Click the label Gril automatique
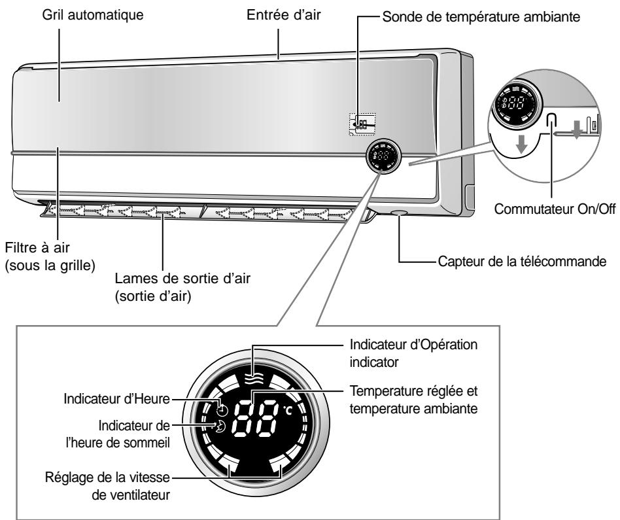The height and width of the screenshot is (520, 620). tap(92, 16)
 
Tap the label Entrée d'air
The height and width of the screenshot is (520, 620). tap(283, 15)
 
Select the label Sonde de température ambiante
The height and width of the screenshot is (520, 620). tap(481, 17)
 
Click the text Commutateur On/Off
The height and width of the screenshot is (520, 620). tap(555, 209)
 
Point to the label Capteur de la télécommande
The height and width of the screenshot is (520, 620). tap(522, 262)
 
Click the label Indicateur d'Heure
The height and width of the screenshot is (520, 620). tap(116, 398)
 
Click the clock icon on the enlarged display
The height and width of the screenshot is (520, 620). tap(222, 410)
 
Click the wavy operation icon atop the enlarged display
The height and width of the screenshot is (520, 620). tap(254, 379)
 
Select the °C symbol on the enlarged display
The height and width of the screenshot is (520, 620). tap(288, 411)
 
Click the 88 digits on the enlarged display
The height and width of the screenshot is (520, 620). tap(255, 419)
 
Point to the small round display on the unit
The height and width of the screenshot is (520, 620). tap(383, 156)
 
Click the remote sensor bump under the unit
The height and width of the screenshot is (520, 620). tap(398, 213)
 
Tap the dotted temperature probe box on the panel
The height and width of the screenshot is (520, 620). tap(362, 124)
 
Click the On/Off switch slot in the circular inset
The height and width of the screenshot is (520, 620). tap(551, 120)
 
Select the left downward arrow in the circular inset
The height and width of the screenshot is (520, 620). tap(521, 144)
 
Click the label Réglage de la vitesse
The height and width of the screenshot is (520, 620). tap(107, 477)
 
